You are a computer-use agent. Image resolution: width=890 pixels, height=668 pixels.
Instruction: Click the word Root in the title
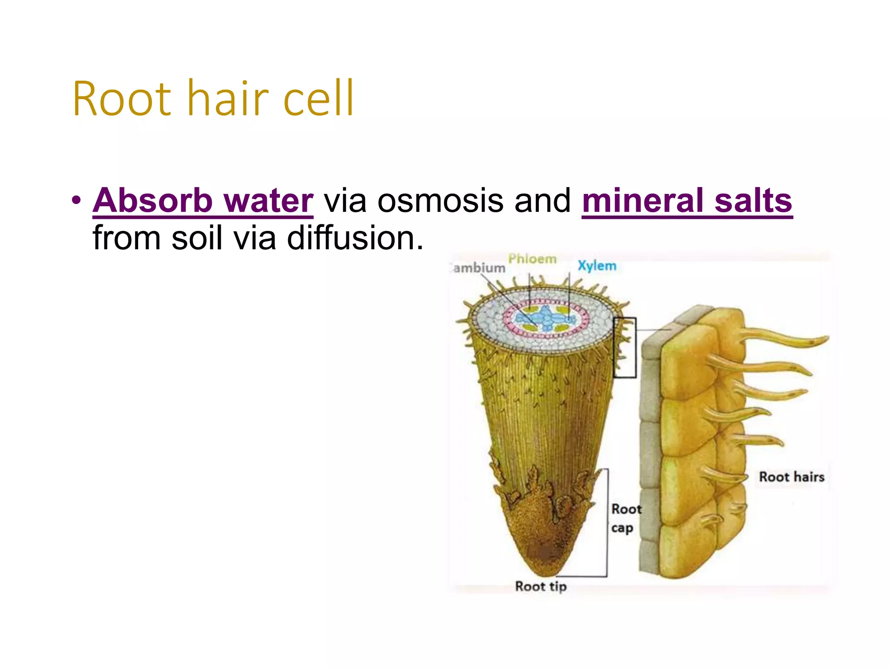click(122, 99)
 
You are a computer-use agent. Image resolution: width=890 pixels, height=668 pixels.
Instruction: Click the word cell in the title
click(318, 99)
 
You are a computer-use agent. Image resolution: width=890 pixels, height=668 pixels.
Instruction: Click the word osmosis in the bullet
click(440, 200)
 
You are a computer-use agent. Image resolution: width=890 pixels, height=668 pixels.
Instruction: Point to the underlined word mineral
click(642, 200)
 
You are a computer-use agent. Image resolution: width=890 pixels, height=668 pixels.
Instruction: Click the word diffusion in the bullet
click(355, 238)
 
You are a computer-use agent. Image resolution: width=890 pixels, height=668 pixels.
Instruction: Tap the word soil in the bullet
click(197, 238)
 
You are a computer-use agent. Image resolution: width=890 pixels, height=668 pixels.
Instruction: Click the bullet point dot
click(76, 201)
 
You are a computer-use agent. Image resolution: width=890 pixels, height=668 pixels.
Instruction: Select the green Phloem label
click(532, 259)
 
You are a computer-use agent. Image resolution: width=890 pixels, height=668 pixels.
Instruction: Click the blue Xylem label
click(597, 266)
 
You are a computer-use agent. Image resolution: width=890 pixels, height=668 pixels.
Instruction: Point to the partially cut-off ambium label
click(478, 268)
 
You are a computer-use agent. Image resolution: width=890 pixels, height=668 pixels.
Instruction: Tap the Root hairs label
click(791, 477)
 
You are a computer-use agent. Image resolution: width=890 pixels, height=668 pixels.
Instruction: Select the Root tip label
click(541, 587)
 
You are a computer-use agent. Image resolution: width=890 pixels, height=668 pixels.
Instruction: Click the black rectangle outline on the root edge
click(624, 348)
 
